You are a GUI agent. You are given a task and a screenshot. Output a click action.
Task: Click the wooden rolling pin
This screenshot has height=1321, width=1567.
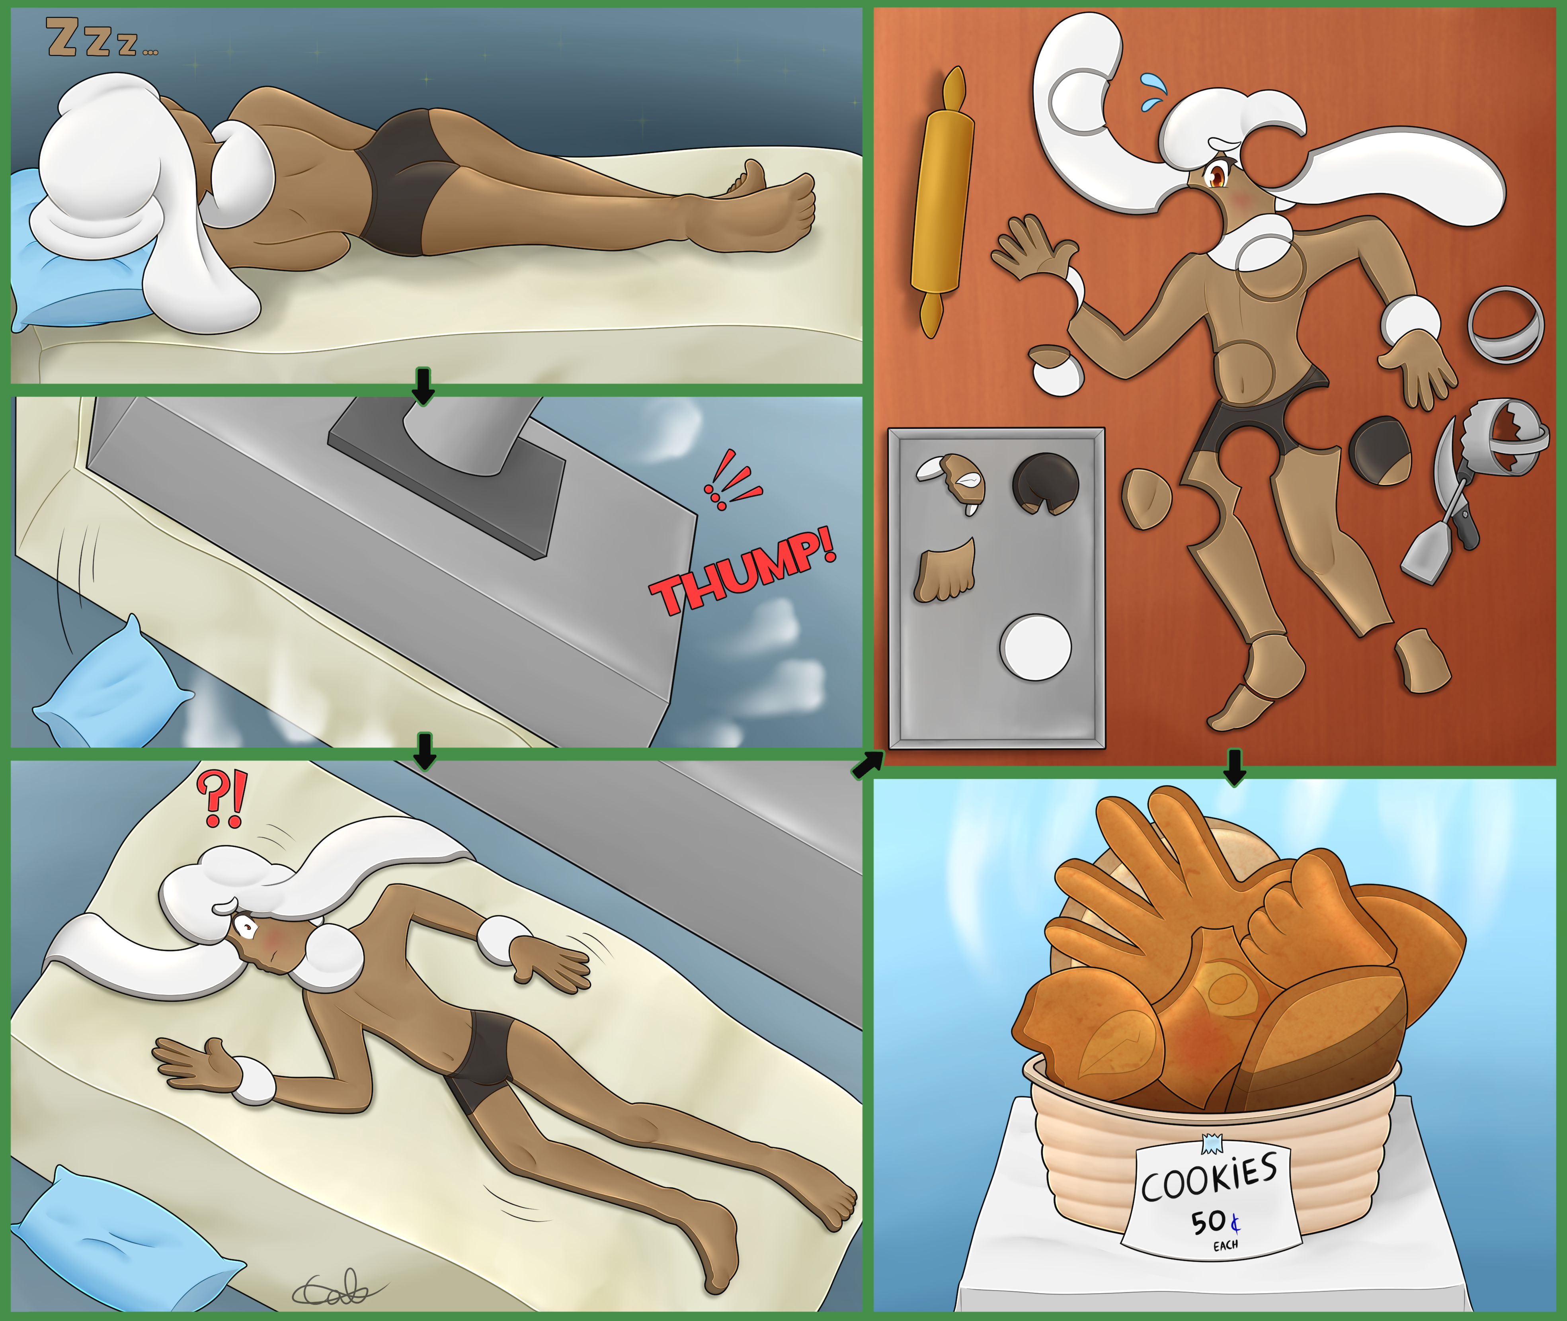942,202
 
